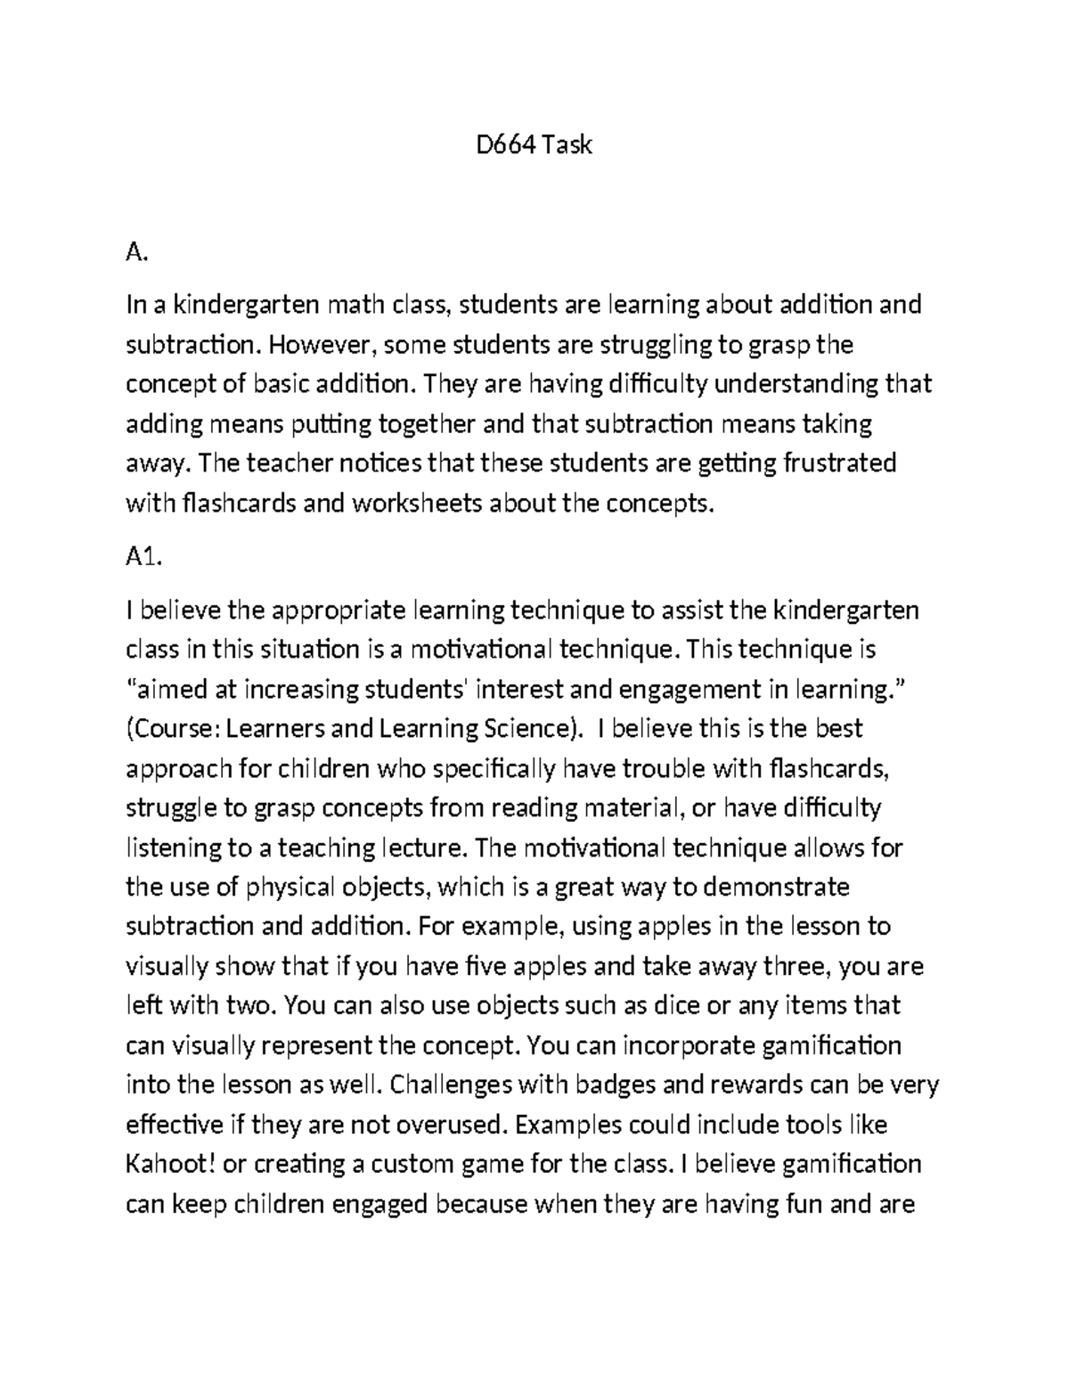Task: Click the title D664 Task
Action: pyautogui.click(x=534, y=144)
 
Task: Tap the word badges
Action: pyautogui.click(x=611, y=1085)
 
